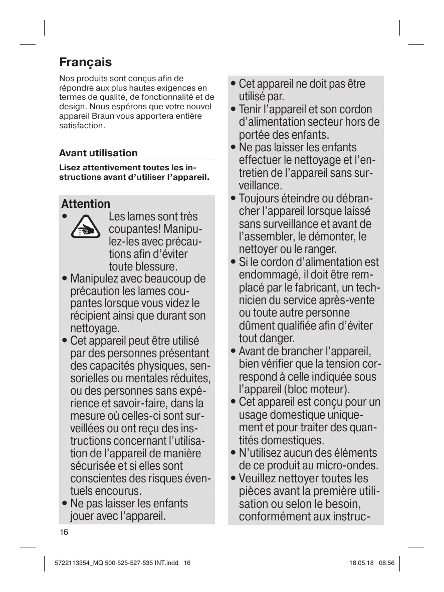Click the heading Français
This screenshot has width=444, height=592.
coord(85,63)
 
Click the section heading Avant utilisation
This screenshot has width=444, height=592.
coord(98,153)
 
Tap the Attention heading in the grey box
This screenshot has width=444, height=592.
coord(86,204)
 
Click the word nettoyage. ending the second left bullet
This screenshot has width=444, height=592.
coord(95,329)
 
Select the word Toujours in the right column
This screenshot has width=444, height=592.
coord(259,198)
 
